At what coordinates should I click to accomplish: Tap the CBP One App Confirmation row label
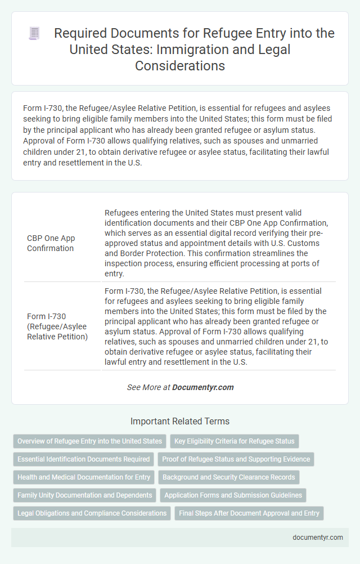point(51,243)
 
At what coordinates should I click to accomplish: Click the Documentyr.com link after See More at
point(202,387)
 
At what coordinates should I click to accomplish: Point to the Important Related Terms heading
point(180,421)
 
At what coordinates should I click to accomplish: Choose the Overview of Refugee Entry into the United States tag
point(89,441)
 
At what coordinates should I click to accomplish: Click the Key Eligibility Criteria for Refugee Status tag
point(234,441)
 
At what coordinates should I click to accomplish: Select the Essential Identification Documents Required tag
point(83,459)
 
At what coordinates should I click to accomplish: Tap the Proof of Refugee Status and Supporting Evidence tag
point(236,459)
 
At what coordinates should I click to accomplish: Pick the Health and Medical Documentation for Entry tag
point(83,477)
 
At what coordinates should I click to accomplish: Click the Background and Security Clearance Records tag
point(228,477)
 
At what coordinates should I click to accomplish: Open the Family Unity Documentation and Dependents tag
point(84,495)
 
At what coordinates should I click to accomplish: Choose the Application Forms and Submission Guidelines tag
point(233,495)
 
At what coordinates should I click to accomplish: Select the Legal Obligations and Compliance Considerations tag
point(92,513)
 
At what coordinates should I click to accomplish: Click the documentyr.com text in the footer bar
point(318,538)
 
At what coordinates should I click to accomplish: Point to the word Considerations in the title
point(180,65)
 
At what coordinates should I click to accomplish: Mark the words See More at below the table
point(148,387)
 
